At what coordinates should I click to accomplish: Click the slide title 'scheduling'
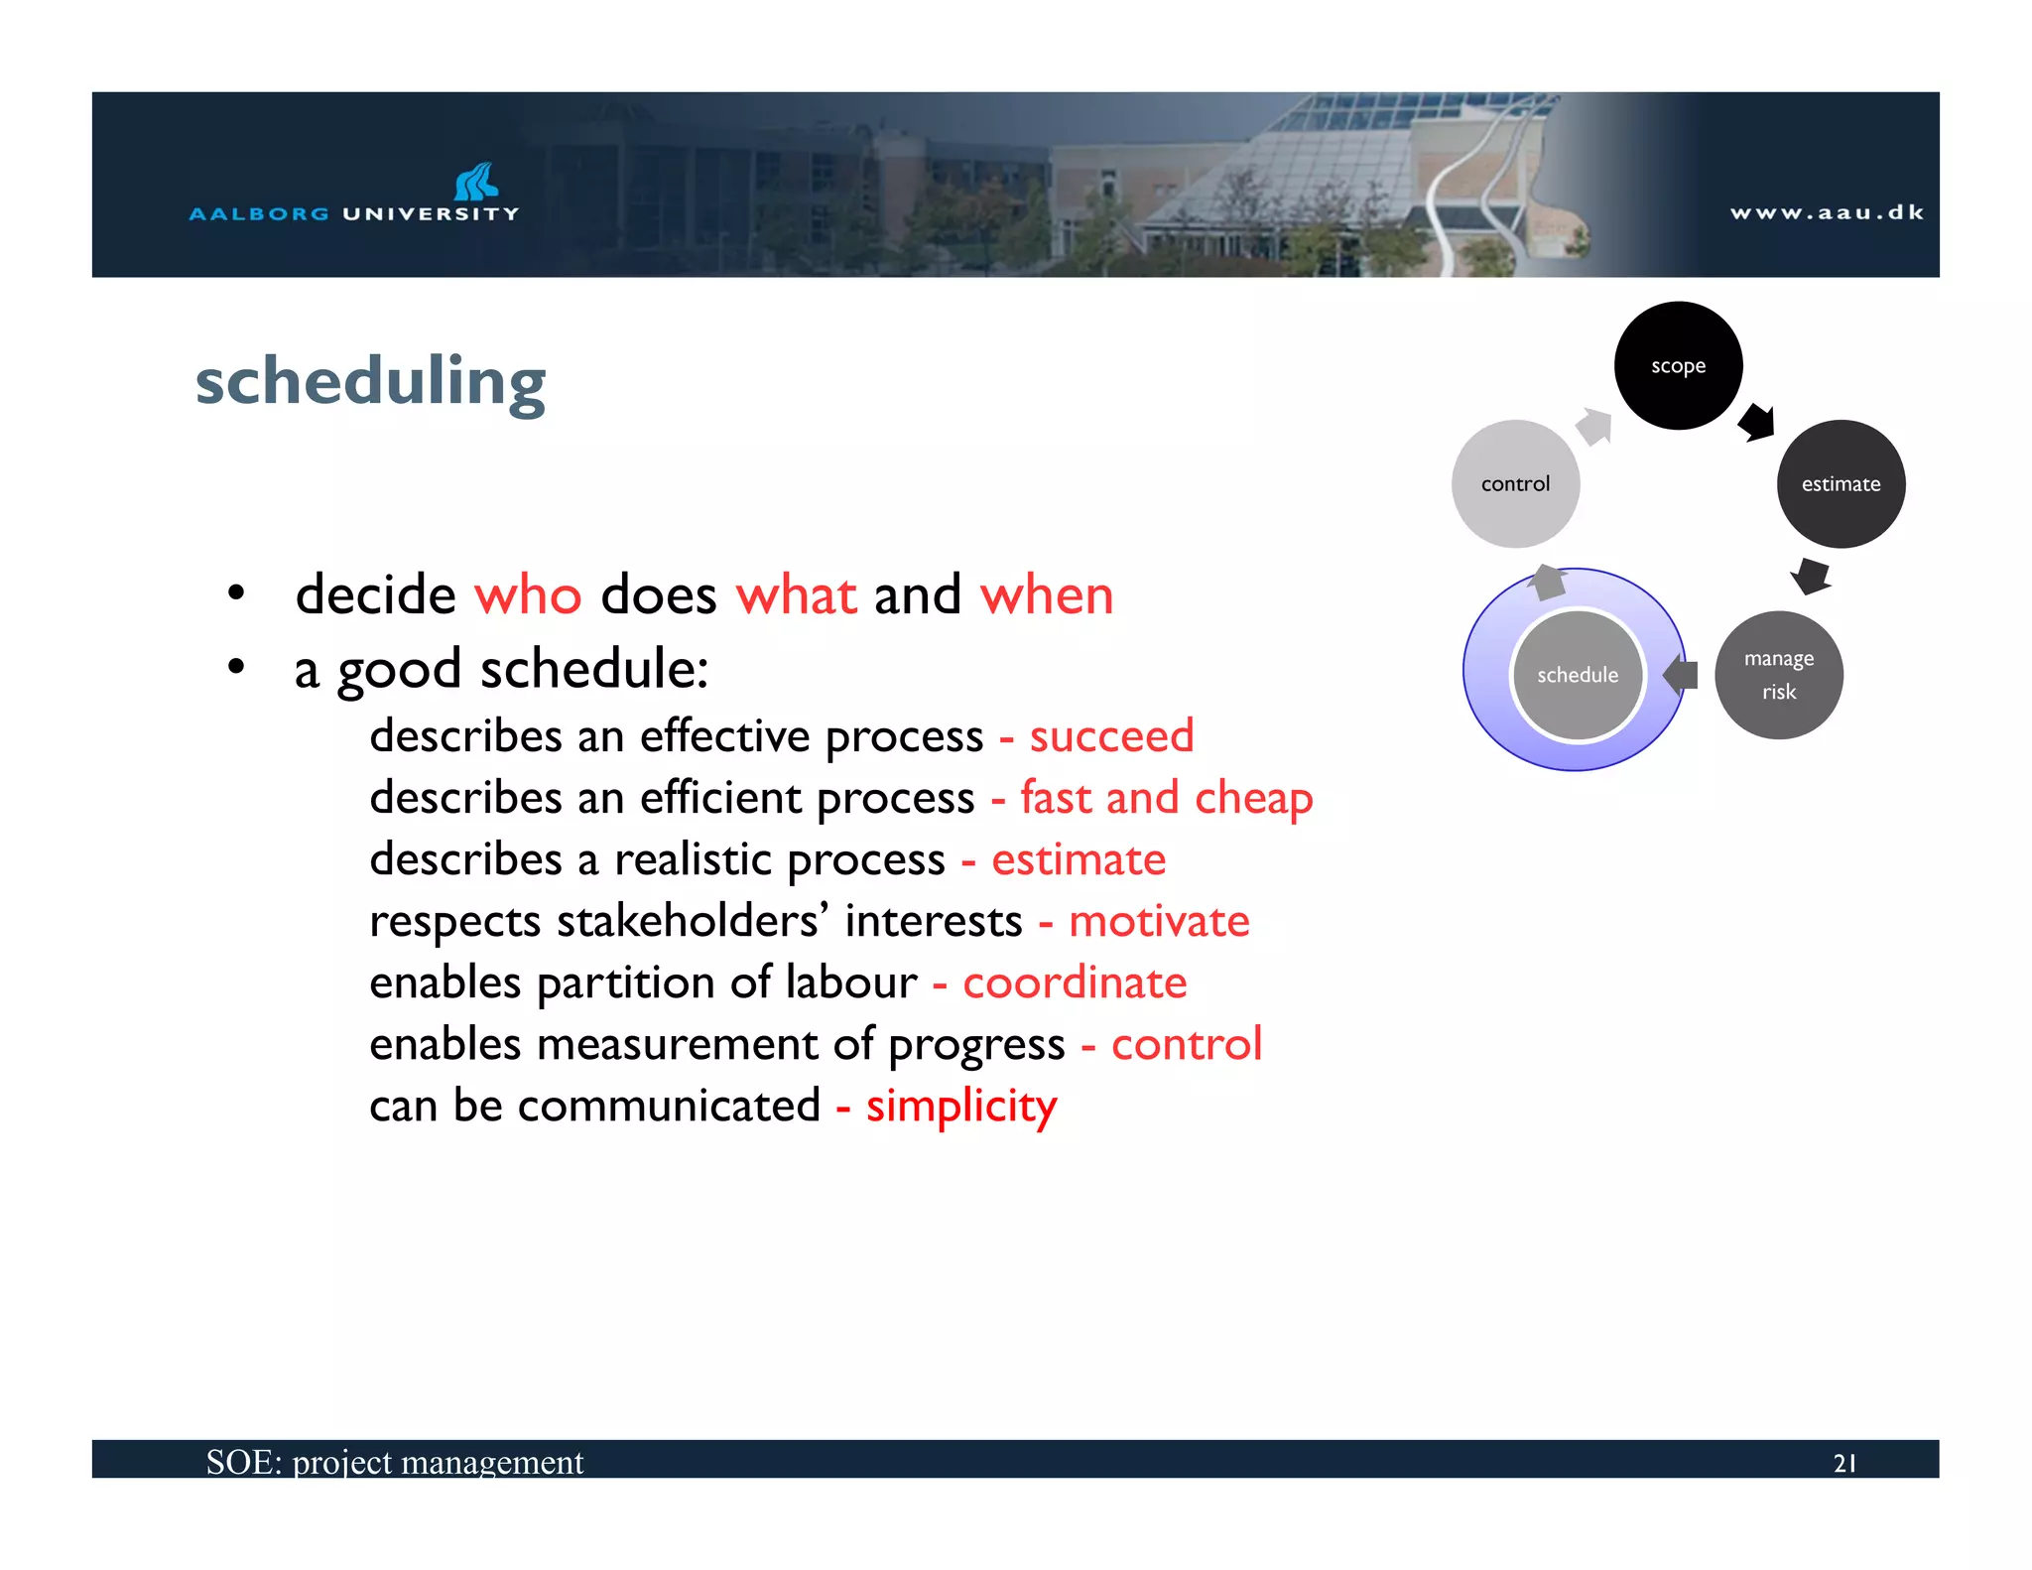click(x=370, y=382)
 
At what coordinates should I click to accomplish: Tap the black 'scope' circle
click(x=1678, y=365)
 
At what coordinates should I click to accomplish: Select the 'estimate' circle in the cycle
click(x=1841, y=483)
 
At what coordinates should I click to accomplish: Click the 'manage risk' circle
click(x=1778, y=675)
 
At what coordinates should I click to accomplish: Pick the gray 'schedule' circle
click(x=1577, y=675)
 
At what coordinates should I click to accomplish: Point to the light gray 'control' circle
click(x=1515, y=483)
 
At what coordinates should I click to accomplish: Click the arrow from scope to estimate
click(x=1757, y=422)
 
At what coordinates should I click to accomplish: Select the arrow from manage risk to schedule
click(x=1681, y=675)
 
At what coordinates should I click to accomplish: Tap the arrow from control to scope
click(x=1594, y=427)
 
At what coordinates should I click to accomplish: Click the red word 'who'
click(x=528, y=595)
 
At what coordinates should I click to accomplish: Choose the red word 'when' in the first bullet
click(x=1046, y=595)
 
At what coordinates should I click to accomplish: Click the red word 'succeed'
click(x=1111, y=736)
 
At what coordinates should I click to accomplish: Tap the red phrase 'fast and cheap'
click(x=1166, y=798)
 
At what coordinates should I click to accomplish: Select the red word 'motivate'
click(x=1159, y=921)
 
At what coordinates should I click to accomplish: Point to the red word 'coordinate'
click(x=1075, y=982)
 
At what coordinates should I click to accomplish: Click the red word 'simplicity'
click(x=960, y=1106)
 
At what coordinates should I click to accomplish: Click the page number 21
click(x=1844, y=1463)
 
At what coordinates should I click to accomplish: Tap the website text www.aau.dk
click(x=1827, y=212)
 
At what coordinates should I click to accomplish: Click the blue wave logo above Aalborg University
click(x=476, y=182)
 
